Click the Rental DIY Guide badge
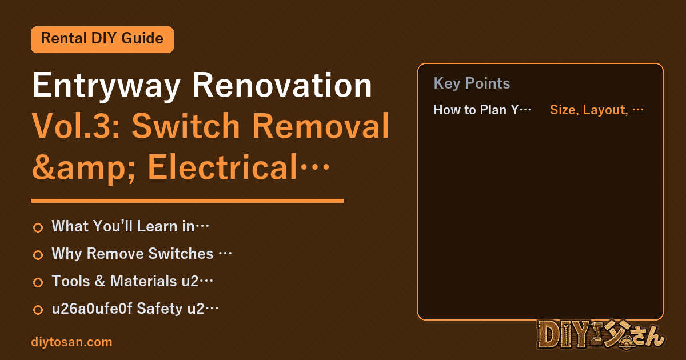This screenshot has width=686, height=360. pos(102,39)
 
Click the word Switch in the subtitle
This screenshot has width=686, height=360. pos(186,125)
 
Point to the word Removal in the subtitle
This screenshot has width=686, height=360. pos(321,125)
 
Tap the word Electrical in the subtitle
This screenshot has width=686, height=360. pos(222,167)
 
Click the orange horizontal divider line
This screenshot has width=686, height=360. pos(187,201)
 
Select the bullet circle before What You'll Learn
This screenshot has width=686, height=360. pos(38,227)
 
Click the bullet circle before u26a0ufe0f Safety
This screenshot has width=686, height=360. pos(38,310)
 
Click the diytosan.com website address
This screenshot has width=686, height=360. pos(71,342)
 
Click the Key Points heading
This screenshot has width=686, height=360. pos(472,83)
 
